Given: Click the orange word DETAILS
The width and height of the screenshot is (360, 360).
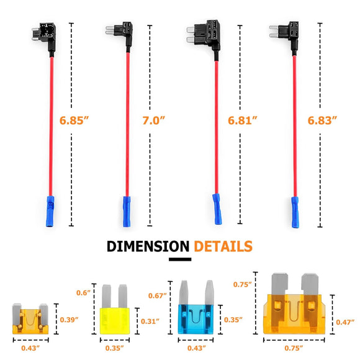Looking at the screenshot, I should pos(223,246).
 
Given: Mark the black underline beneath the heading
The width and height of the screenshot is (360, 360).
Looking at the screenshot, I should pos(180,260).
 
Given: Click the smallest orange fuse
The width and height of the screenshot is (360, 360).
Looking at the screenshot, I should pos(30,318).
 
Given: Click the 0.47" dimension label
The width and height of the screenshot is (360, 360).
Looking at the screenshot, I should pos(346,322).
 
